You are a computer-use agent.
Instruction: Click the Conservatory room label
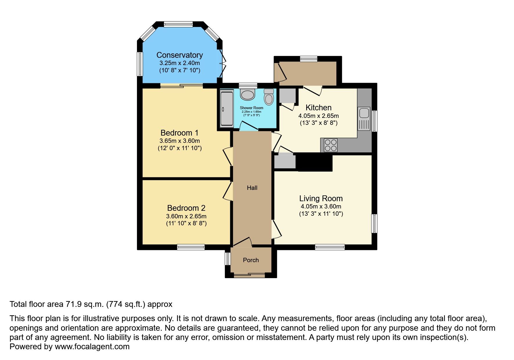coord(179,55)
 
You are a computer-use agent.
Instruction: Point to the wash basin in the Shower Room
coord(248,95)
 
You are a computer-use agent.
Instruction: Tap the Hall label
coord(252,188)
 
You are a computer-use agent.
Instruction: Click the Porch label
coord(251,260)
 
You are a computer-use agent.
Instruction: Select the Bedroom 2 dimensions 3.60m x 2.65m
coord(186,216)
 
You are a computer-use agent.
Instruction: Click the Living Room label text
coord(321,199)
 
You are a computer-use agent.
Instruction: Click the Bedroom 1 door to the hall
coord(228,157)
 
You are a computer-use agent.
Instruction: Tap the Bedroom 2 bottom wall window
coord(191,247)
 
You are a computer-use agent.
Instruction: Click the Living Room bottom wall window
coord(330,247)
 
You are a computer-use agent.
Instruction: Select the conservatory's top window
coord(178,24)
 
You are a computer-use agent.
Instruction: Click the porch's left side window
coord(228,259)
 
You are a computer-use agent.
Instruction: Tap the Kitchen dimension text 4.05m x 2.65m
coord(318,116)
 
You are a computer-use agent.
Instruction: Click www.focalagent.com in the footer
coord(92,347)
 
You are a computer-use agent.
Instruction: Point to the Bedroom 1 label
coord(179,133)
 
